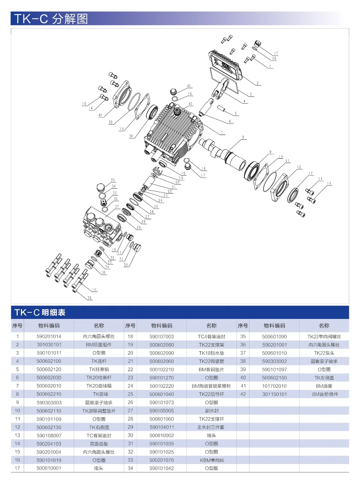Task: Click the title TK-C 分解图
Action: pyautogui.click(x=51, y=18)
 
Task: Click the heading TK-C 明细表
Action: pyautogui.click(x=40, y=312)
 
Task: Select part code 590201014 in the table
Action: pyautogui.click(x=49, y=337)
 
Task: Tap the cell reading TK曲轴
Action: pyautogui.click(x=99, y=394)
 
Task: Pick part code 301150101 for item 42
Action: pyautogui.click(x=274, y=394)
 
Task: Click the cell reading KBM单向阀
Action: pyautogui.click(x=212, y=460)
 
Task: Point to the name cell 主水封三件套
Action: pyautogui.click(x=212, y=427)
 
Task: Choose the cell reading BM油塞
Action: pyautogui.click(x=324, y=386)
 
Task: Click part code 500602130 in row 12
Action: pyautogui.click(x=49, y=427)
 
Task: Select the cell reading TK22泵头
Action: pyautogui.click(x=324, y=353)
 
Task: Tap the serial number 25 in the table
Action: pyautogui.click(x=130, y=394)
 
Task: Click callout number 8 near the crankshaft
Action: pyautogui.click(x=243, y=137)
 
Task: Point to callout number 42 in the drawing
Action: pyautogui.click(x=190, y=104)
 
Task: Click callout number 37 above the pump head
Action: pyautogui.click(x=117, y=207)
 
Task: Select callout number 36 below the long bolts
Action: pyautogui.click(x=90, y=298)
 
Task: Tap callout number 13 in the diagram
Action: pyautogui.click(x=310, y=173)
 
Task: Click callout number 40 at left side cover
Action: pyautogui.click(x=100, y=115)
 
